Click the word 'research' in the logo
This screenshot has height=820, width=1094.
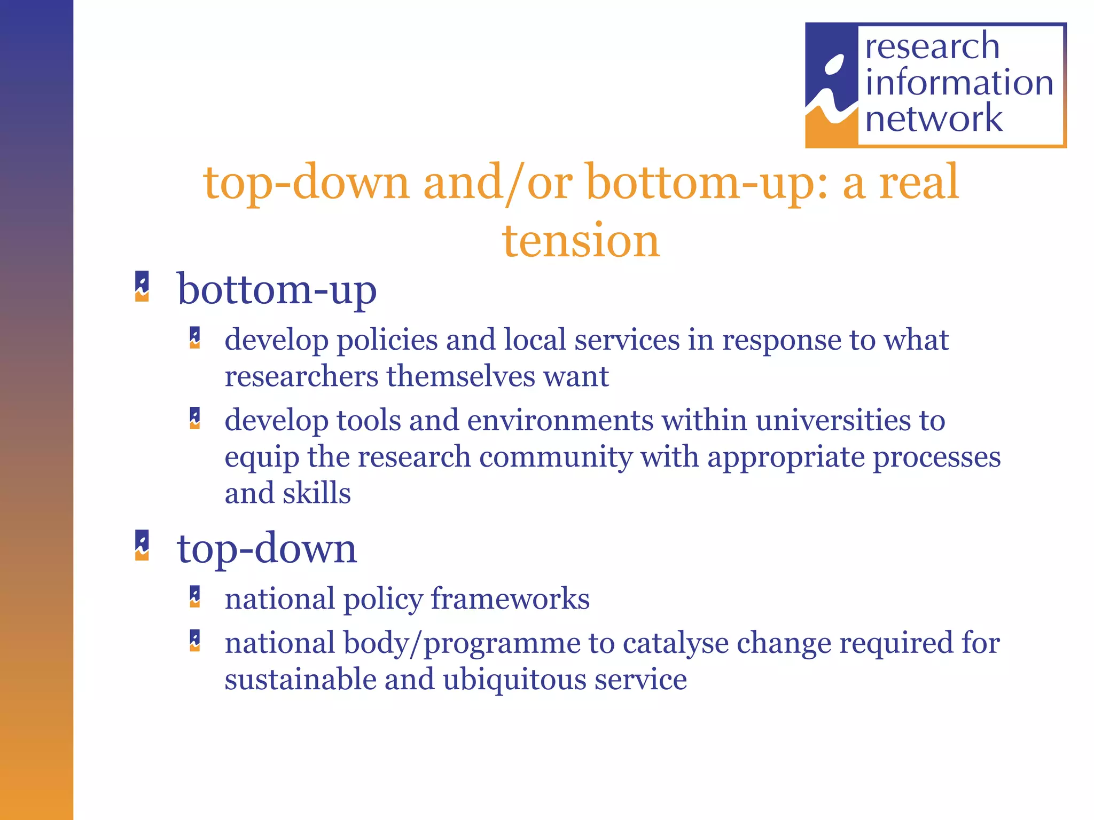pyautogui.click(x=932, y=46)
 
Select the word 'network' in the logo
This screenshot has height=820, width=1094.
pyautogui.click(x=934, y=119)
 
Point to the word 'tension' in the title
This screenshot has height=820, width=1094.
pyautogui.click(x=581, y=241)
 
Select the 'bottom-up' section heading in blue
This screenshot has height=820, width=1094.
pyautogui.click(x=277, y=290)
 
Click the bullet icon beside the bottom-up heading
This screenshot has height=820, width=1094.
pyautogui.click(x=142, y=287)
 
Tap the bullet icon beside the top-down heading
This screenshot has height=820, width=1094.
pyautogui.click(x=142, y=545)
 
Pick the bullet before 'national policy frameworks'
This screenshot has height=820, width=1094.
pyautogui.click(x=195, y=597)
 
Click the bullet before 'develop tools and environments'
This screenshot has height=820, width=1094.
pyautogui.click(x=195, y=419)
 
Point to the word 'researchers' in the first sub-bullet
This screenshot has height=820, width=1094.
pyautogui.click(x=301, y=376)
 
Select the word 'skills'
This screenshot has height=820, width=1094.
pyautogui.click(x=317, y=493)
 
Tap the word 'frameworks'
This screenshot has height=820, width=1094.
pyautogui.click(x=510, y=599)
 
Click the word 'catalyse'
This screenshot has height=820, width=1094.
pyautogui.click(x=675, y=643)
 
